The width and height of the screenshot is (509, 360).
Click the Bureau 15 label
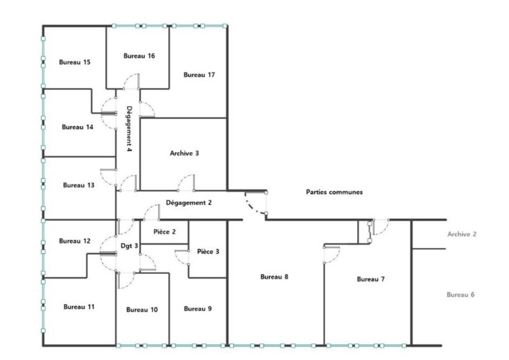point(74,62)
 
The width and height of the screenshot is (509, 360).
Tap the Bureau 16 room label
point(139,56)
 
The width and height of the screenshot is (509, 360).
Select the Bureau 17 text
point(199,75)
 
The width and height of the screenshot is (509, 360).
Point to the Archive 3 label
point(184,153)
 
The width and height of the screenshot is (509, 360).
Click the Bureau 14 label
point(78,127)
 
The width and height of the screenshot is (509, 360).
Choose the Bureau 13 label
point(78,185)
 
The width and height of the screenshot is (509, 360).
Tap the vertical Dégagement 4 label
point(129,129)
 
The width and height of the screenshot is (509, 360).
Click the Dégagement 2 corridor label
point(188,203)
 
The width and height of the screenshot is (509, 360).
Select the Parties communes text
point(334,192)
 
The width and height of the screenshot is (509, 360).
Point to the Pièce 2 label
point(164,232)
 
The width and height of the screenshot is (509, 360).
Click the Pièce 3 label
point(208,252)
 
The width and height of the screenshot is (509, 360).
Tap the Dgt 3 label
point(129,245)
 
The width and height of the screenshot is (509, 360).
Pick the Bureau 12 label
point(74,241)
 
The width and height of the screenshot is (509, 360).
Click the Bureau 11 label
point(78,307)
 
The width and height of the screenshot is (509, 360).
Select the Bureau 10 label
point(142,310)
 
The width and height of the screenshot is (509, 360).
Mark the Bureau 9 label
point(197,309)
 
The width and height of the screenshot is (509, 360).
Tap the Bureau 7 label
point(371,279)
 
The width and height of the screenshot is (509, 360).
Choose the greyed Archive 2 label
point(461,234)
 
